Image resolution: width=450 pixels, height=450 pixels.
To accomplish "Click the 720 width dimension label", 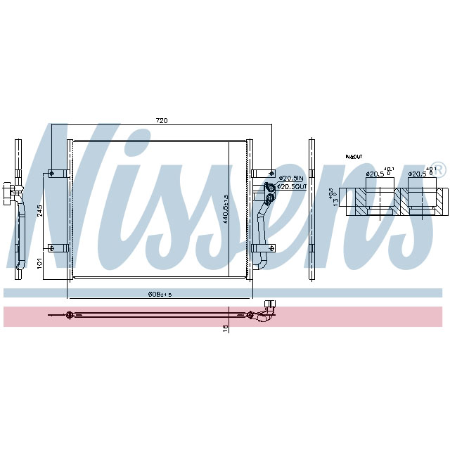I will click(162, 122).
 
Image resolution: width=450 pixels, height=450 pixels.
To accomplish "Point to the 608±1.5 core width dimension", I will click(159, 294).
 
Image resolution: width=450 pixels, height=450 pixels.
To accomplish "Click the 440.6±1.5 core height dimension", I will click(226, 209).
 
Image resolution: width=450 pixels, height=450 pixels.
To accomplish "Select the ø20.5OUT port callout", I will click(291, 186).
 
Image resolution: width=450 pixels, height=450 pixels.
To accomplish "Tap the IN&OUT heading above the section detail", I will click(353, 156).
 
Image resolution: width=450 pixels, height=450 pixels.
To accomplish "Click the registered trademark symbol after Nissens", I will click(437, 169).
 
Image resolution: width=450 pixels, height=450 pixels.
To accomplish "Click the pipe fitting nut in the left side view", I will click(8, 191).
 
